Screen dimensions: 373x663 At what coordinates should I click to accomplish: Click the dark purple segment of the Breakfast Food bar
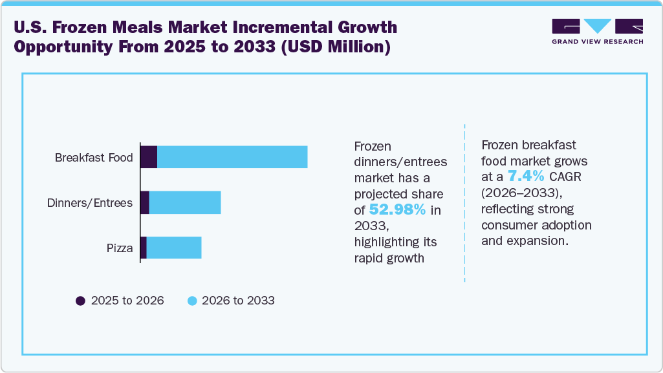[x=149, y=157]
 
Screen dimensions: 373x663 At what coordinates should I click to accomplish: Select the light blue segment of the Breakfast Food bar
[x=232, y=157]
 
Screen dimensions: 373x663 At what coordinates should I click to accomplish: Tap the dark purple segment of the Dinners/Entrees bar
[x=145, y=202]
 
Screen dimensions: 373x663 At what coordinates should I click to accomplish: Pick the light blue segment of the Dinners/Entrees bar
[x=185, y=202]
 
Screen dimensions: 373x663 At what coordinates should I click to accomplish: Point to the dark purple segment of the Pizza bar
[x=144, y=248]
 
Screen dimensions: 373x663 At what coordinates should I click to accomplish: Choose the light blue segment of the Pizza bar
[x=174, y=248]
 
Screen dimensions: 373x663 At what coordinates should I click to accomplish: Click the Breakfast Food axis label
[x=94, y=158]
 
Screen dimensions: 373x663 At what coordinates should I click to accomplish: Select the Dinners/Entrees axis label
[x=90, y=203]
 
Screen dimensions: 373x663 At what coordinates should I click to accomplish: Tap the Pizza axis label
[x=120, y=248]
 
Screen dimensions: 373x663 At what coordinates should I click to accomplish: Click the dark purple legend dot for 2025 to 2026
[x=81, y=301]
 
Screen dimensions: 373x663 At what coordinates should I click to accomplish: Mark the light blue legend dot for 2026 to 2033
[x=192, y=301]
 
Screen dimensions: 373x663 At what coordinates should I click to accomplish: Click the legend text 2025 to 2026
[x=127, y=301]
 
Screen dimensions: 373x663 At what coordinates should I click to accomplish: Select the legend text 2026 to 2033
[x=238, y=301]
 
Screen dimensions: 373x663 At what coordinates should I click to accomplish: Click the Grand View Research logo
[x=597, y=31]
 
